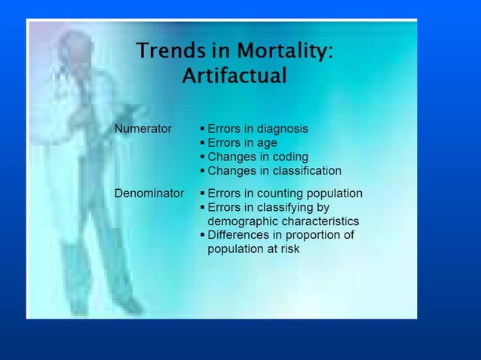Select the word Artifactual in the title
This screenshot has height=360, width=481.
pos(234,76)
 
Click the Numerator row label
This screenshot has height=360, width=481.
pos(143,129)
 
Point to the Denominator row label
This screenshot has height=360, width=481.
pos(149,194)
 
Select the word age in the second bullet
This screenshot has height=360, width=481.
pos(267,143)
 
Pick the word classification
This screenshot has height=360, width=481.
pos(305,171)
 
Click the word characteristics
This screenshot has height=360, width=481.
pos(320,221)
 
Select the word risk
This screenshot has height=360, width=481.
pos(289,249)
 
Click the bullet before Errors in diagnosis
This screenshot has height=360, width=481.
pos(202,129)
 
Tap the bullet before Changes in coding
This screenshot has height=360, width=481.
pos(202,157)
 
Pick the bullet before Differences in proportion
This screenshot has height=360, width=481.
pos(202,235)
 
